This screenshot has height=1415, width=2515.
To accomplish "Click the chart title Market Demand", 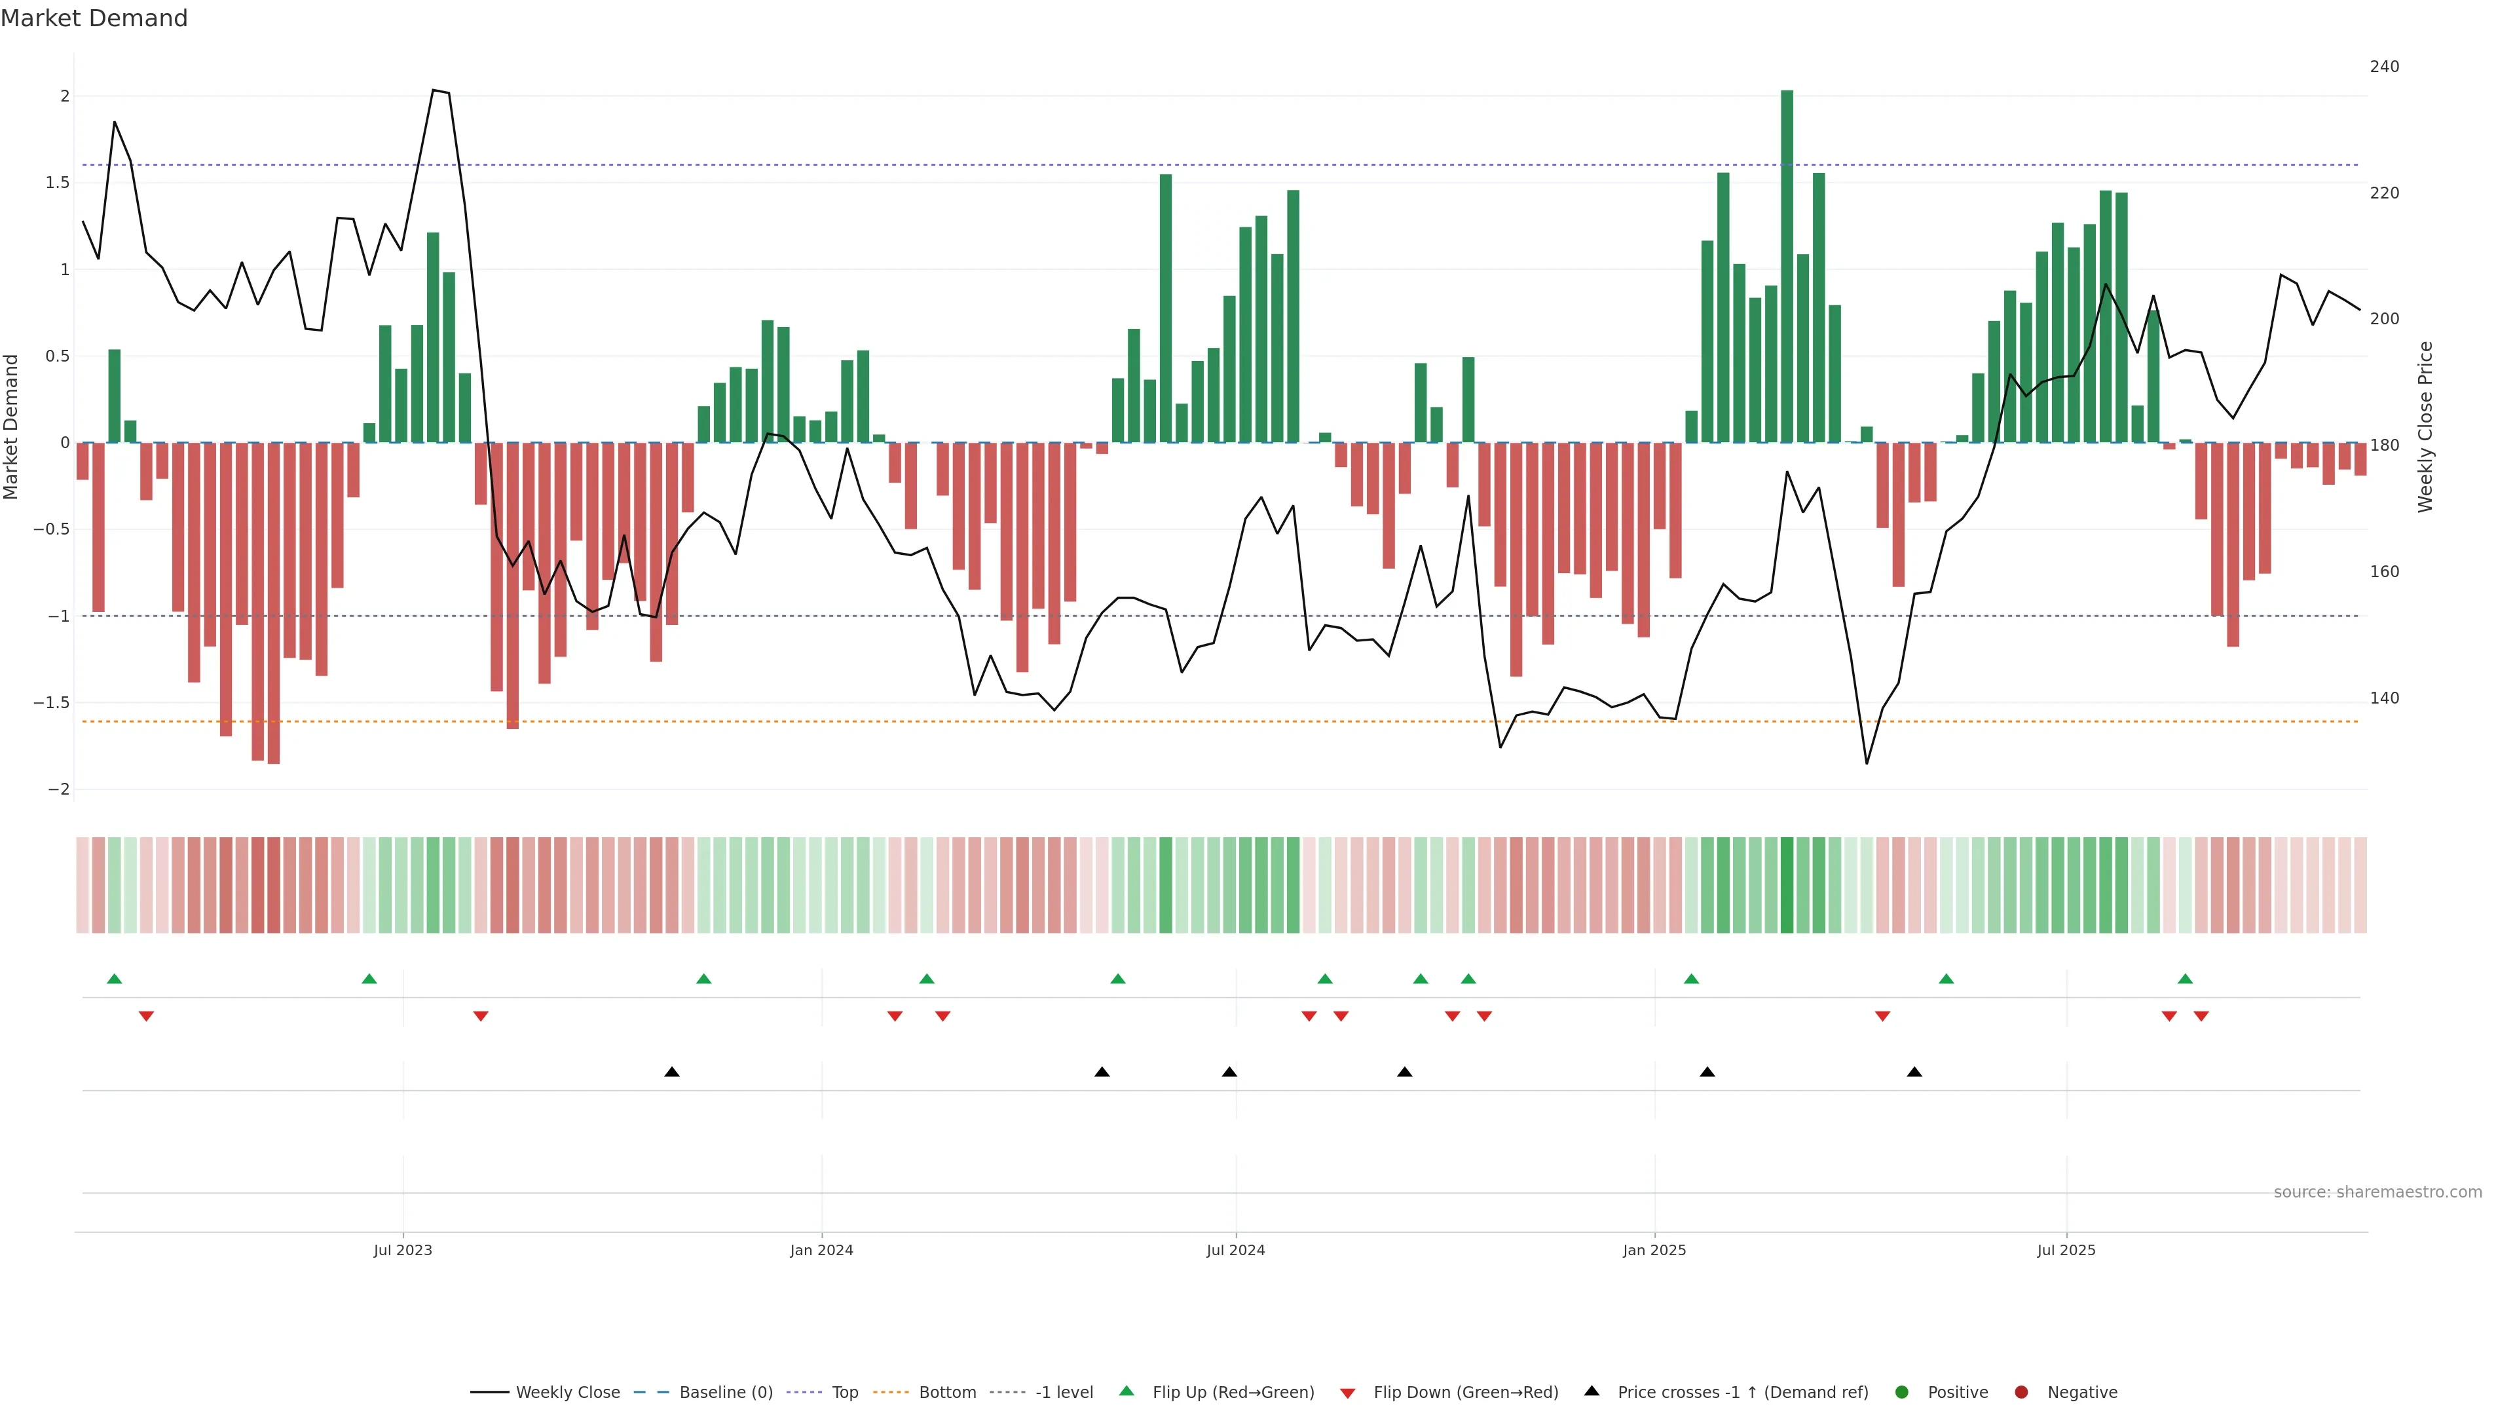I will tap(94, 18).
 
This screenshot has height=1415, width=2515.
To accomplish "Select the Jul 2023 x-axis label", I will tap(402, 1250).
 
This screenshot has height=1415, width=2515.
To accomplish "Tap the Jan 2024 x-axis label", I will tap(821, 1250).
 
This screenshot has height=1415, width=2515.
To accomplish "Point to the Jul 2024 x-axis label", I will tap(1235, 1250).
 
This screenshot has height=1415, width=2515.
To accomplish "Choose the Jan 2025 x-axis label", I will tap(1654, 1250).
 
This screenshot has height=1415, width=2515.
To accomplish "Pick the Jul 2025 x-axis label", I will tap(2066, 1250).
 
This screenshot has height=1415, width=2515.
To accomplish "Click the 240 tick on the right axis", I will tap(2384, 66).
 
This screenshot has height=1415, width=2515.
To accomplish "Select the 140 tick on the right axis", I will tap(2384, 698).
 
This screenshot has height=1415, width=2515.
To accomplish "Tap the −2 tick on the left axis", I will tap(58, 789).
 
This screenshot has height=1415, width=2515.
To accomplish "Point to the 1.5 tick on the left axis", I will tap(58, 183).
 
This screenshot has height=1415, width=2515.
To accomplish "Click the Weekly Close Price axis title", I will tap(2425, 426).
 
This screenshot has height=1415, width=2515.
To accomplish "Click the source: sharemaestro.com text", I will tap(2377, 1192).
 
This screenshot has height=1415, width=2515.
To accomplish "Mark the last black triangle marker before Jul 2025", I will tap(1914, 1072).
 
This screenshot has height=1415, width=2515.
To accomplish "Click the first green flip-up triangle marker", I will tap(114, 979).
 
